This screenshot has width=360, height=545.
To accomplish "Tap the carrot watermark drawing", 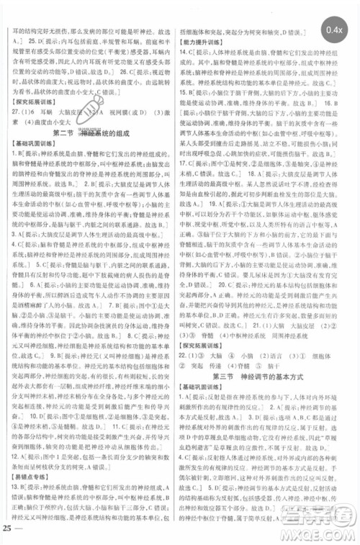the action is (91, 109).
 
